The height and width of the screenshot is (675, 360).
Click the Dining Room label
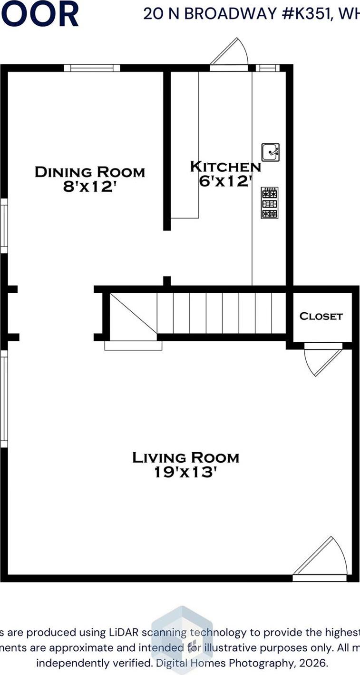[90, 172]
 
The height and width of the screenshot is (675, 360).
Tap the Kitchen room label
[225, 167]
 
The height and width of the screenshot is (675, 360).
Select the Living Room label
[185, 457]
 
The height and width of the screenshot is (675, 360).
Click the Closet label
[321, 316]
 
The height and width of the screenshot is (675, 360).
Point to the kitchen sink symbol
[270, 152]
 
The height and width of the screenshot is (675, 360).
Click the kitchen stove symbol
[270, 203]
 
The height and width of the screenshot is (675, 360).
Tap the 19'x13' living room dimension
[185, 472]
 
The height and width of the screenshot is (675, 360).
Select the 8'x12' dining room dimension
[90, 187]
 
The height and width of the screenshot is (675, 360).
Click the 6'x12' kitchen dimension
[225, 181]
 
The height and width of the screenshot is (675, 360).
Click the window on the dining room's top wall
[92, 68]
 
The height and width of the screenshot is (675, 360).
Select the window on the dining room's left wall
[4, 226]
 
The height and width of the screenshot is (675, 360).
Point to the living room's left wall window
[4, 399]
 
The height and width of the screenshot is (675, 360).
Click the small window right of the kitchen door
[268, 68]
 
